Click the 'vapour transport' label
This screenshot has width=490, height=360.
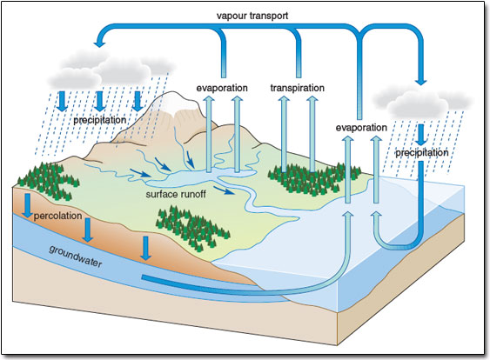click(252, 16)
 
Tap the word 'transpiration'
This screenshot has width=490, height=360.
click(297, 88)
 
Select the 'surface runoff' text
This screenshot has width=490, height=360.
click(176, 194)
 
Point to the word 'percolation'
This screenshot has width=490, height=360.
click(57, 216)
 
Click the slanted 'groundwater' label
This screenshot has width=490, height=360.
click(76, 257)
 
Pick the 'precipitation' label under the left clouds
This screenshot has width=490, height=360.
click(100, 120)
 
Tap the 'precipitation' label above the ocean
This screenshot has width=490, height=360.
click(422, 153)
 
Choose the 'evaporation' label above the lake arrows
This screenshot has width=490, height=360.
click(222, 88)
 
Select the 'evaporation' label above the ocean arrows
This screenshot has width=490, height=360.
click(361, 128)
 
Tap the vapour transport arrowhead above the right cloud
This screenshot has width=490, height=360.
click(421, 82)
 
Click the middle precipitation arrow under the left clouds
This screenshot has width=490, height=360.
click(100, 101)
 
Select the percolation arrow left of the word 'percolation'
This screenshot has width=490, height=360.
click(28, 205)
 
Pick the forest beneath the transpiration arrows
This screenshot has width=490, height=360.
click(312, 181)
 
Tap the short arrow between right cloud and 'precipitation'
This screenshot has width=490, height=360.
click(421, 135)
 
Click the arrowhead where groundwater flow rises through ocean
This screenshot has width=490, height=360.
click(349, 215)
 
